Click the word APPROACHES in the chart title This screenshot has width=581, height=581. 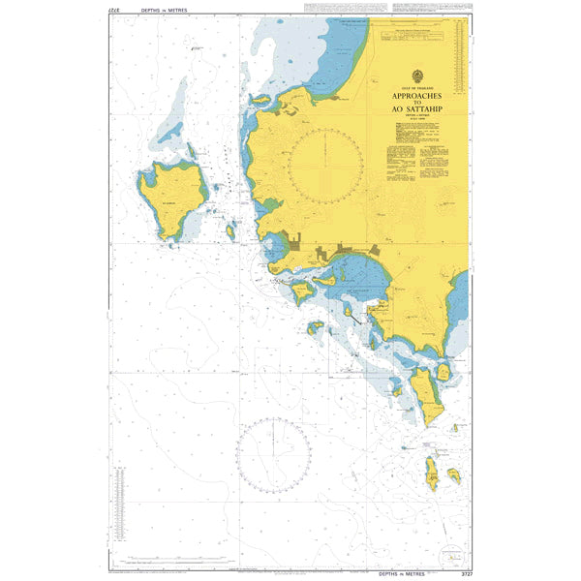pyautogui.click(x=418, y=98)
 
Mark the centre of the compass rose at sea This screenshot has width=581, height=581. pyautogui.click(x=275, y=452)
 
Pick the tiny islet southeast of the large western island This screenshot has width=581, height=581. pyautogui.click(x=230, y=231)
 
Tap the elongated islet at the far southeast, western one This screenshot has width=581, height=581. pyautogui.click(x=431, y=474)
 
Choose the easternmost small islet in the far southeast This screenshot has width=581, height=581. pyautogui.click(x=453, y=475)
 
